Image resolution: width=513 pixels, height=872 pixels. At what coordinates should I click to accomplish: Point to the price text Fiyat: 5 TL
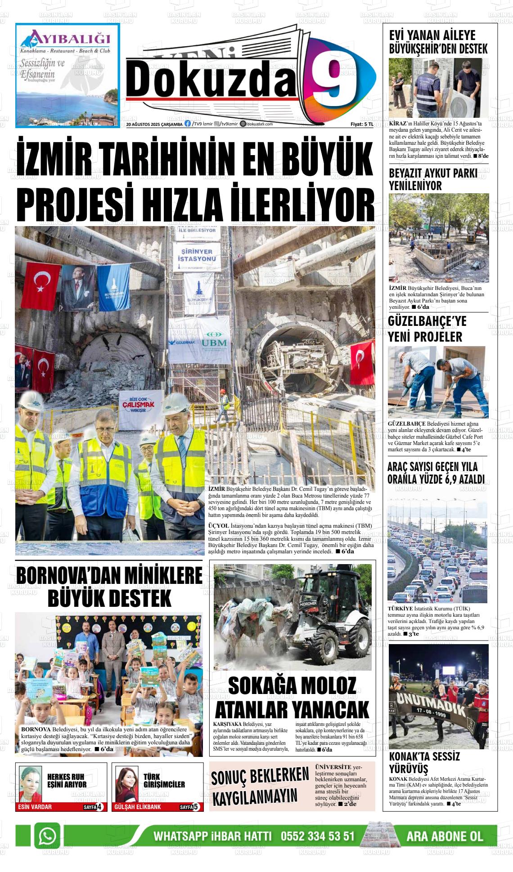tap(362, 125)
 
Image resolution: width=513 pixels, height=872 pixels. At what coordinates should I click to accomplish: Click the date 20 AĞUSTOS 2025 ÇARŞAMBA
tap(154, 125)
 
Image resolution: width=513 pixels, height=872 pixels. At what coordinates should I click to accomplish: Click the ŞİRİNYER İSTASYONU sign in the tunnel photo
tap(197, 255)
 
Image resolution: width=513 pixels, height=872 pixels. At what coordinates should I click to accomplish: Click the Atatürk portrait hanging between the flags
tap(78, 288)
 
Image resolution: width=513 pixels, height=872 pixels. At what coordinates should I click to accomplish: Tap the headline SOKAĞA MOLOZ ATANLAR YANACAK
tap(292, 698)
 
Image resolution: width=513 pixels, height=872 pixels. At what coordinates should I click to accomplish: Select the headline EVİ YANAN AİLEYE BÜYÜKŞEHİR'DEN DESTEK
tap(438, 42)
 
